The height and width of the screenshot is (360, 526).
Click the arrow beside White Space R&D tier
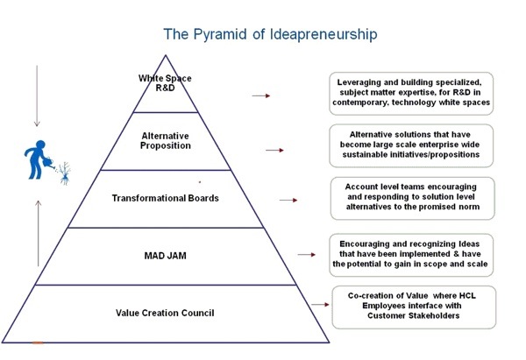point(260,95)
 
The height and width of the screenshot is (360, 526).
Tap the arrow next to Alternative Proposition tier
point(274,151)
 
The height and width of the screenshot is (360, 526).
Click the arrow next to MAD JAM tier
point(306,255)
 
